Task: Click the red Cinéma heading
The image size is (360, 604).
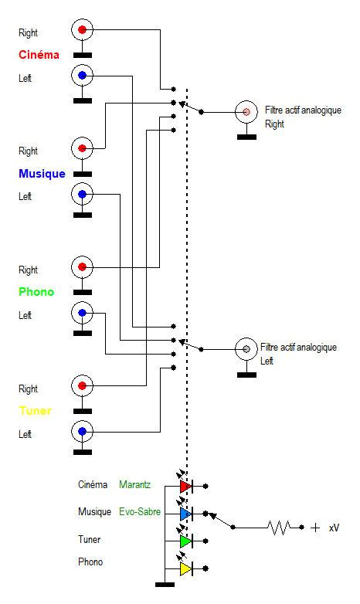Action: click(39, 55)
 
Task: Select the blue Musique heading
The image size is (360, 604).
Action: click(42, 174)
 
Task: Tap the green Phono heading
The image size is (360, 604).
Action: click(36, 292)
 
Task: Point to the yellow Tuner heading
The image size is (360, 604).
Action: click(35, 411)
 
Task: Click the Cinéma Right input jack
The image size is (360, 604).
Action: click(82, 29)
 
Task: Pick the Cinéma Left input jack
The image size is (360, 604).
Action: click(82, 76)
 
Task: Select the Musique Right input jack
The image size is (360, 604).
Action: click(82, 148)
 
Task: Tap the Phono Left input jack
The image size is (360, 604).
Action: click(82, 313)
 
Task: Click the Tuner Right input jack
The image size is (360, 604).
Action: click(82, 385)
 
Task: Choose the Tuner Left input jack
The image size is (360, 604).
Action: click(82, 432)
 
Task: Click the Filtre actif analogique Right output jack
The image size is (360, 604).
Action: click(246, 112)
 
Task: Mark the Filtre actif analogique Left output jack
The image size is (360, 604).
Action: click(246, 349)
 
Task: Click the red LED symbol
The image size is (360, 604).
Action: click(186, 486)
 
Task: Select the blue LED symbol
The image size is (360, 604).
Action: click(186, 514)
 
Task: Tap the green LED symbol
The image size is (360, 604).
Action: click(186, 541)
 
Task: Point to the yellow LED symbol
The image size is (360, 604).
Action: click(186, 568)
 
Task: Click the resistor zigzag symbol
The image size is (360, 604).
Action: click(279, 528)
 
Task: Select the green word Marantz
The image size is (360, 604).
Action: click(135, 484)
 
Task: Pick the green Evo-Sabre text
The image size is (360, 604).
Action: click(140, 512)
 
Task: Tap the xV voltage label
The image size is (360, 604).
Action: click(335, 528)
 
